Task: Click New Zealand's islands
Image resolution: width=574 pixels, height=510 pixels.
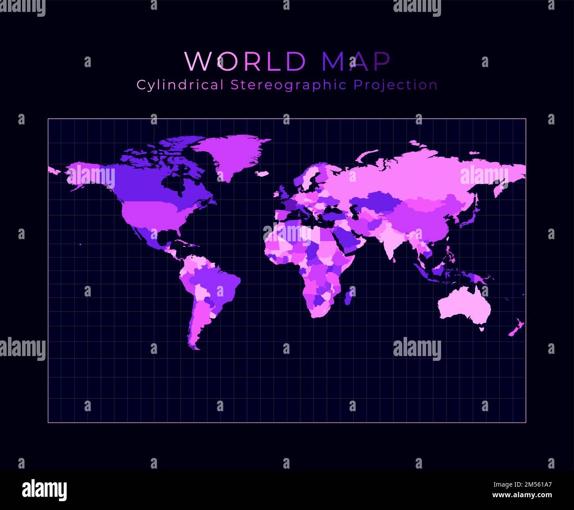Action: pyautogui.click(x=515, y=329)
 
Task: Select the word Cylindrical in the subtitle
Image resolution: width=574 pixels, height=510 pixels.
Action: pyautogui.click(x=180, y=85)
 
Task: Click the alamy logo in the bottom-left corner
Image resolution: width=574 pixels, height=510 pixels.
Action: pyautogui.click(x=44, y=490)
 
